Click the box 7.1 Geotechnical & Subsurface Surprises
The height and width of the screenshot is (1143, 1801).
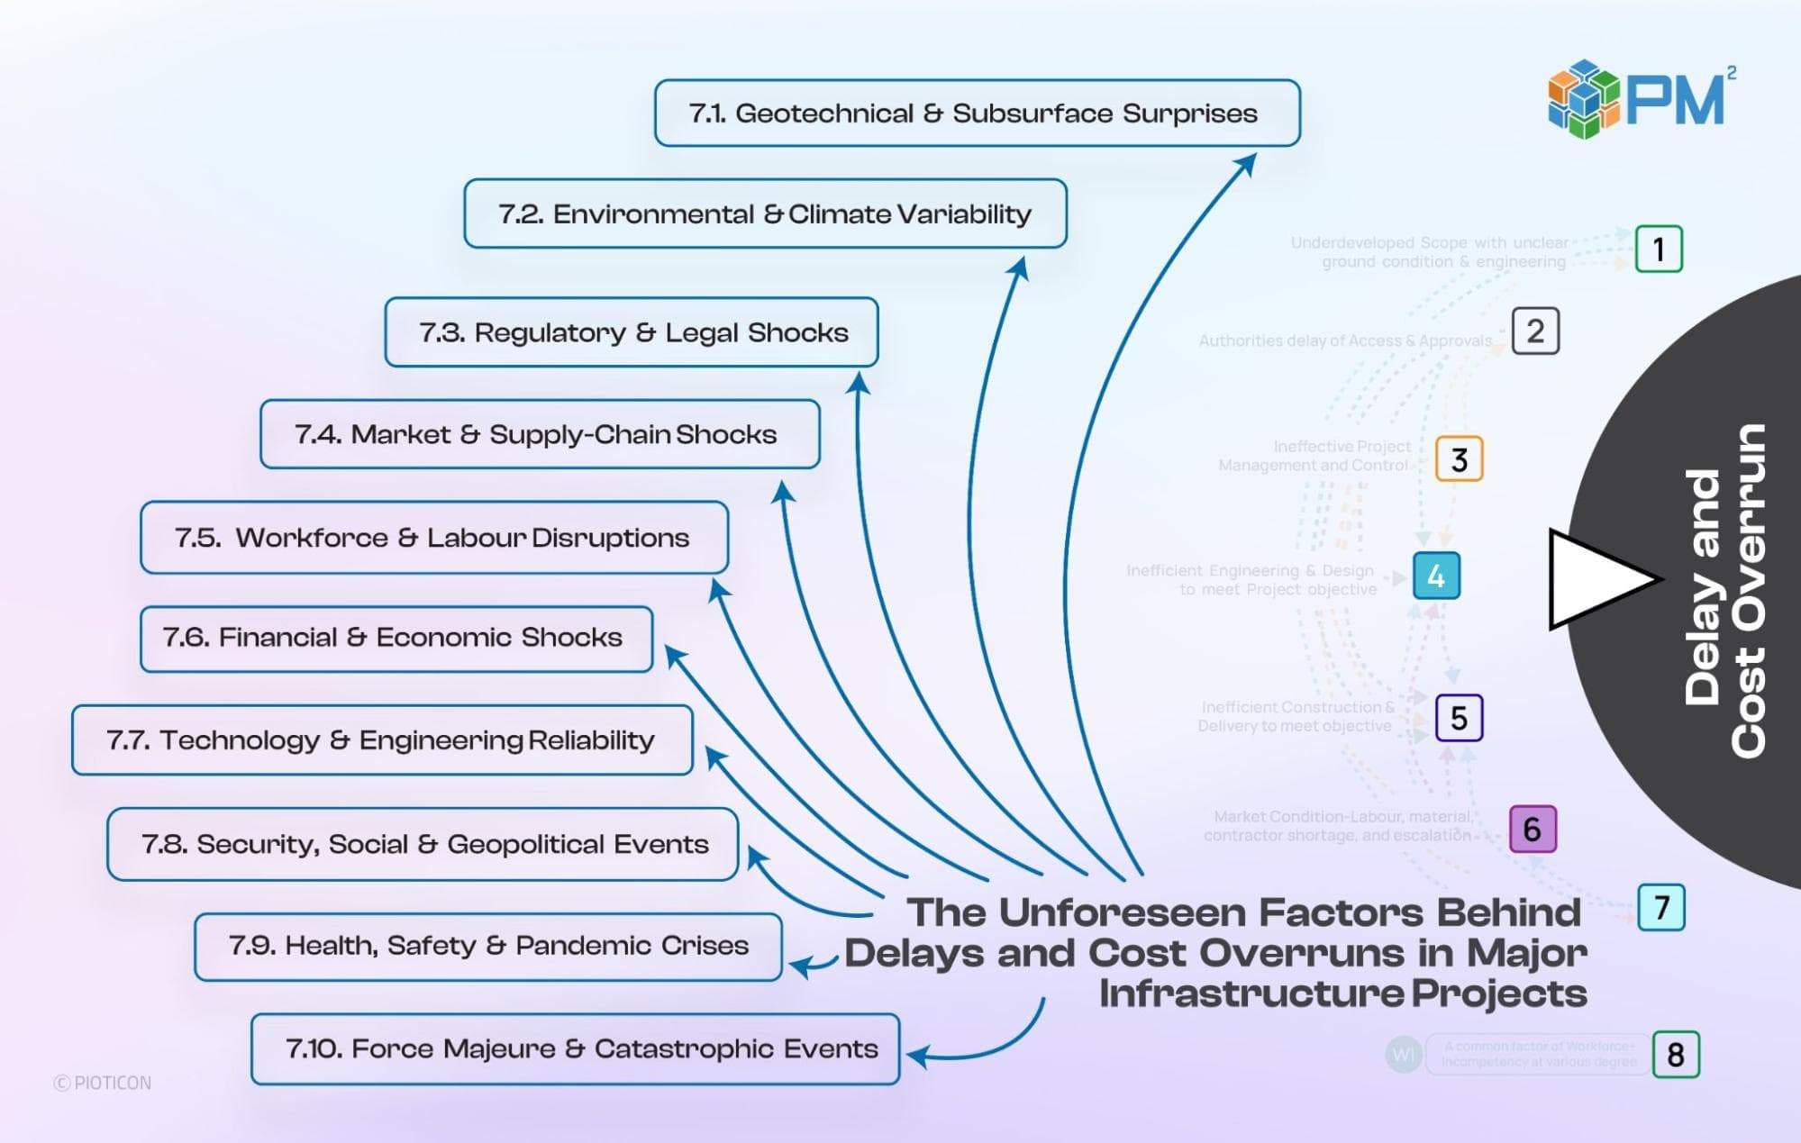pyautogui.click(x=977, y=113)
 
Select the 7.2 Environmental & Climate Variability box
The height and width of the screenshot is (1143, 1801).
pyautogui.click(x=765, y=214)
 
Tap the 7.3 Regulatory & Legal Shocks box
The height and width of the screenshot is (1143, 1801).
pyautogui.click(x=632, y=332)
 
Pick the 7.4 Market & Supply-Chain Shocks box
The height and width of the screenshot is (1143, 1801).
pyautogui.click(x=540, y=434)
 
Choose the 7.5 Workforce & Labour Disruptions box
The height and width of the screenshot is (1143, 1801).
pyautogui.click(x=433, y=538)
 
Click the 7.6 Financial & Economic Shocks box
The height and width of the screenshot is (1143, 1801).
pyautogui.click(x=396, y=639)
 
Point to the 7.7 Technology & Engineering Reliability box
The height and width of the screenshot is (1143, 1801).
pyautogui.click(x=382, y=740)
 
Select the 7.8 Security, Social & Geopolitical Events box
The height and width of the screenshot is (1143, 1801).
pyautogui.click(x=423, y=844)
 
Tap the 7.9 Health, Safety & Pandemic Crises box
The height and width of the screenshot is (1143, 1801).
pyautogui.click(x=487, y=946)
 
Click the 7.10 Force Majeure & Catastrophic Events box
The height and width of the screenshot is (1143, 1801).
pyautogui.click(x=575, y=1049)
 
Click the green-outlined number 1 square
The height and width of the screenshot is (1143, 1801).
pyautogui.click(x=1658, y=249)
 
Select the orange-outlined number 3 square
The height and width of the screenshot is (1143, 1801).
pyautogui.click(x=1459, y=459)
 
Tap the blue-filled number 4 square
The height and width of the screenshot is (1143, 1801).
pyautogui.click(x=1436, y=576)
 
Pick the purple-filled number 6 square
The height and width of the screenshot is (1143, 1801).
pyautogui.click(x=1532, y=829)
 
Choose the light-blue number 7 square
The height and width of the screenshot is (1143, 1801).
pyautogui.click(x=1661, y=907)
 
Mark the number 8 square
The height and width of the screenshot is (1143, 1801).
pyautogui.click(x=1675, y=1055)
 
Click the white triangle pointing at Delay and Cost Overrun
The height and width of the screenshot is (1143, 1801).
pyautogui.click(x=1595, y=579)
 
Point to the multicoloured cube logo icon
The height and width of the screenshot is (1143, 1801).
pyautogui.click(x=1583, y=99)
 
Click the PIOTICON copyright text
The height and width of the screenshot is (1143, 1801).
pyautogui.click(x=103, y=1083)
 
